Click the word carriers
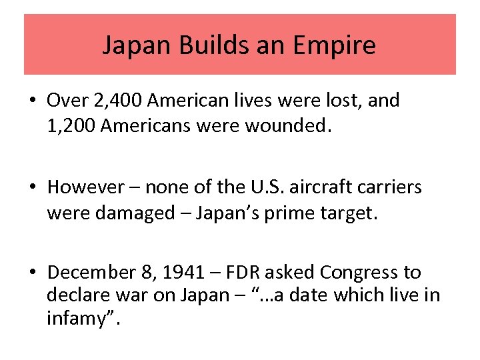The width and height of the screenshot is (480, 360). [x=391, y=187]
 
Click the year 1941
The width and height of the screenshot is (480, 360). [x=181, y=273]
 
